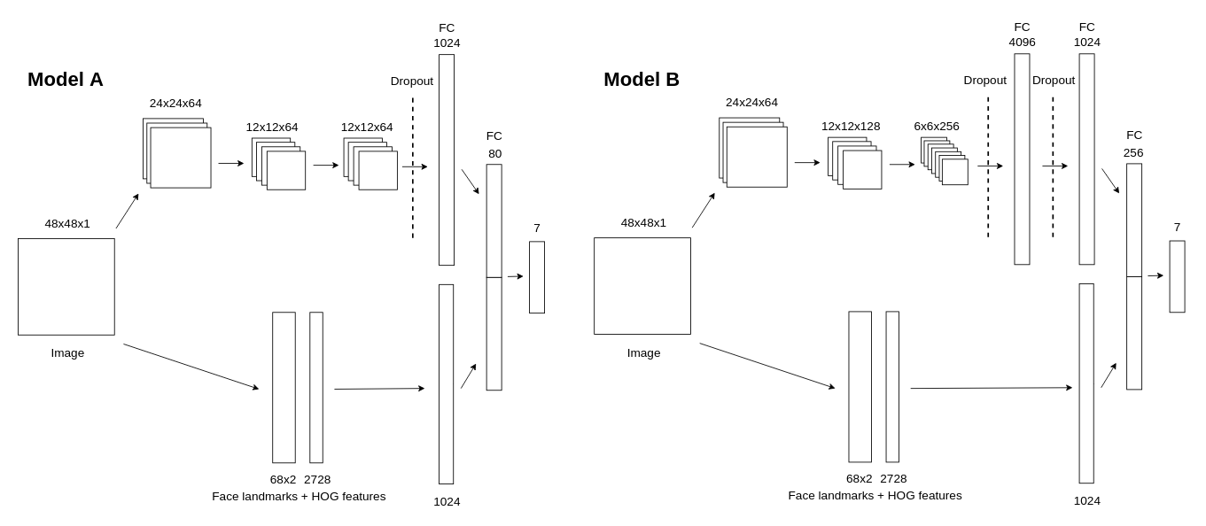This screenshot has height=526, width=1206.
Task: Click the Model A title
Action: click(65, 80)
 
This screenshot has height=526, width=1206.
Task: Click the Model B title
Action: click(641, 80)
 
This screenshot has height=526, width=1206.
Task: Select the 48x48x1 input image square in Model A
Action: click(66, 287)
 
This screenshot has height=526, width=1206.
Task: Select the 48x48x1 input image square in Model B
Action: click(642, 286)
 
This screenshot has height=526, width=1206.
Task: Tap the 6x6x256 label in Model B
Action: click(937, 127)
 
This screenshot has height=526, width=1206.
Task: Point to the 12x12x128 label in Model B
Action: click(851, 127)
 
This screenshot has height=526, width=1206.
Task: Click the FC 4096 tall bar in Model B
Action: click(1022, 159)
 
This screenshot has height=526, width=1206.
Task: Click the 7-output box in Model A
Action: click(537, 277)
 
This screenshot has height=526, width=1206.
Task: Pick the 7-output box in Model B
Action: click(1177, 276)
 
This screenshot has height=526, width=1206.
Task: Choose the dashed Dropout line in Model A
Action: click(413, 168)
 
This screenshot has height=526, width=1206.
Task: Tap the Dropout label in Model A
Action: click(412, 81)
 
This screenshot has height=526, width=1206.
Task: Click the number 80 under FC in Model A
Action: click(494, 154)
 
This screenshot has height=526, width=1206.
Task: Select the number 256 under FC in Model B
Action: click(1133, 153)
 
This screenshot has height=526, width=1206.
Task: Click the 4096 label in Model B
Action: click(1022, 43)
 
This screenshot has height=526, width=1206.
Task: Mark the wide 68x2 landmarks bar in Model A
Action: click(284, 387)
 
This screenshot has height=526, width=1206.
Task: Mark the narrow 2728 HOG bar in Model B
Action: click(892, 386)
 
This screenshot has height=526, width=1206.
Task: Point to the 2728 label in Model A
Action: click(317, 480)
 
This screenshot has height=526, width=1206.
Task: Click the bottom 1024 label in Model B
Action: click(1087, 501)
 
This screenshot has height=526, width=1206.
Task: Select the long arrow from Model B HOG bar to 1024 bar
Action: click(991, 388)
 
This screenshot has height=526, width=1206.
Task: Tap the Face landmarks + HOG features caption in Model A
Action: click(299, 497)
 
